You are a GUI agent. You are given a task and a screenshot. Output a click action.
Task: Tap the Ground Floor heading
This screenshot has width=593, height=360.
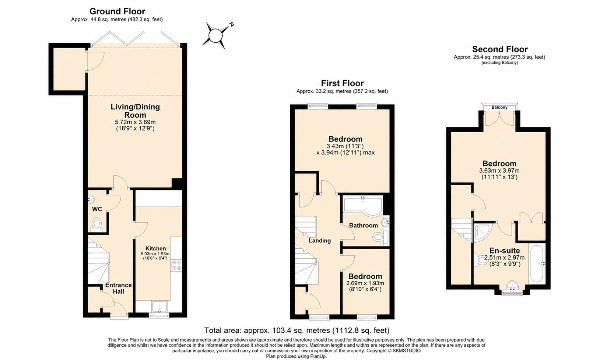coord(117,11)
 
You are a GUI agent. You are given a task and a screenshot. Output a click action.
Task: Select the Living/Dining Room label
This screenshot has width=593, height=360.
coord(135,111)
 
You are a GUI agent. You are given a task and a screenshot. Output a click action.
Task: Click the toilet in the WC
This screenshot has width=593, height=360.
coord(97,224)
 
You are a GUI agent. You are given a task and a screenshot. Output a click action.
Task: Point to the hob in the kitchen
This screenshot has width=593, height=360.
coord(176,265)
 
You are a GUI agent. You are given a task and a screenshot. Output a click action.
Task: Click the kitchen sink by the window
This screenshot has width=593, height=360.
coord(159,307)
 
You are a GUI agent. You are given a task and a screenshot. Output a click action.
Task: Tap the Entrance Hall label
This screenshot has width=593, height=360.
coord(118,288)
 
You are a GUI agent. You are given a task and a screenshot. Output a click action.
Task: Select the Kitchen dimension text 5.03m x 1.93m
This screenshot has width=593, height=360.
coord(155,254)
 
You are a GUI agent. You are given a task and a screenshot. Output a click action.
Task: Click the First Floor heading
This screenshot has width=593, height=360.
coord(342,83)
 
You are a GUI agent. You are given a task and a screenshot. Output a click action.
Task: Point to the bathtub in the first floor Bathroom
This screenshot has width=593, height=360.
coord(363,205)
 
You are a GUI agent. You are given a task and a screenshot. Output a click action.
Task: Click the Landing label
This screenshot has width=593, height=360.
coord(320,241)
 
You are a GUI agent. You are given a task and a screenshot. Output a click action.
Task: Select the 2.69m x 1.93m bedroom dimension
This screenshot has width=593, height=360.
coord(365,283)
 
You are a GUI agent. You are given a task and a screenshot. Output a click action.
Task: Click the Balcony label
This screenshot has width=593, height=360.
coord(499,107)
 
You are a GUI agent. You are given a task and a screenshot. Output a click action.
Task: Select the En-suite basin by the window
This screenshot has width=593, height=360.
coord(512,286)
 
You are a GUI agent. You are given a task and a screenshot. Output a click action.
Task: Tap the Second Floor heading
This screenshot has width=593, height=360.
coord(500,49)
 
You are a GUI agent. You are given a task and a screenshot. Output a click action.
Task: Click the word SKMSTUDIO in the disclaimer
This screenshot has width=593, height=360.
coord(406,351)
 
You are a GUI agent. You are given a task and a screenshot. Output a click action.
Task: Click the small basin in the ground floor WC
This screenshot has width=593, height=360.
coord(91,198)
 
